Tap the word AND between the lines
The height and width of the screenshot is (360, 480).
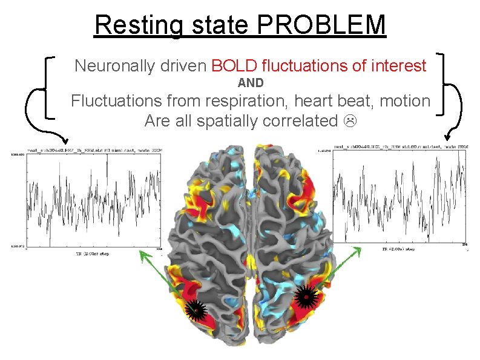click(250, 83)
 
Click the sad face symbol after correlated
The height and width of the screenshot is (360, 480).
click(349, 121)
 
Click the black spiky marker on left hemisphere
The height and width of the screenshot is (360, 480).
click(196, 309)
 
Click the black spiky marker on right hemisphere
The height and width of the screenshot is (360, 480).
click(307, 296)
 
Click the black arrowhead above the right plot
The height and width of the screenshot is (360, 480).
click(449, 138)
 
